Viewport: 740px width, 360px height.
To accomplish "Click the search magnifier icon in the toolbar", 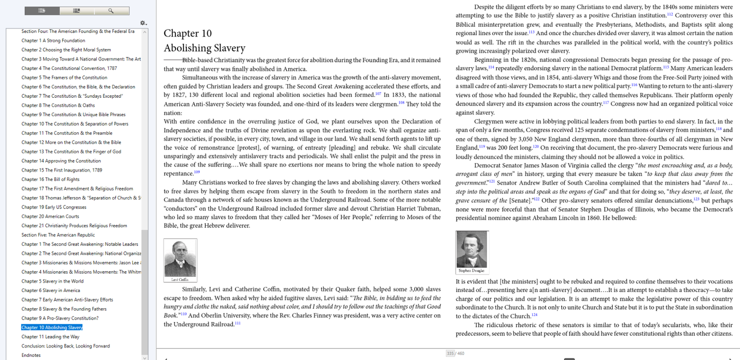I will (111, 11).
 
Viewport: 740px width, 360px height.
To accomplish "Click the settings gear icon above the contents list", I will (143, 23).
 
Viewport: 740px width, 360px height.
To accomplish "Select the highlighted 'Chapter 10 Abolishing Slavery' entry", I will (52, 327).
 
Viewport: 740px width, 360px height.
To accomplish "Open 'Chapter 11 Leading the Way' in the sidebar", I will (50, 336).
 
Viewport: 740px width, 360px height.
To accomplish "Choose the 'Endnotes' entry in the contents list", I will (31, 355).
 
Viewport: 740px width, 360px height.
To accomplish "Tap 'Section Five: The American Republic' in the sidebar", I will (58, 235).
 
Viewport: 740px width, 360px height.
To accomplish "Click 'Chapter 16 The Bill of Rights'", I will (50, 179).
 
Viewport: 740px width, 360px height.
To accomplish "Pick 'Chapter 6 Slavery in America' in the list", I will (50, 290).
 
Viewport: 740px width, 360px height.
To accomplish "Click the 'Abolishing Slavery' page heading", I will (204, 48).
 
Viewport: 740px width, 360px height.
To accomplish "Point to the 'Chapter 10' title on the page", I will (187, 33).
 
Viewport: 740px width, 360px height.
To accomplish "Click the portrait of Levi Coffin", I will (180, 258).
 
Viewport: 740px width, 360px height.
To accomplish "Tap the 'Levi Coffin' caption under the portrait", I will (180, 279).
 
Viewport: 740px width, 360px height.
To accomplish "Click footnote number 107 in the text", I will (378, 93).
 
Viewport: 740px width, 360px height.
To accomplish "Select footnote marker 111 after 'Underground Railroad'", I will (238, 323).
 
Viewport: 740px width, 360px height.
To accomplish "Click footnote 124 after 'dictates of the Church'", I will (534, 315).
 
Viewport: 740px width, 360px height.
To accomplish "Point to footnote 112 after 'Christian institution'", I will (670, 14).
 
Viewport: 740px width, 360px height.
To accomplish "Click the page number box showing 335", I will (450, 354).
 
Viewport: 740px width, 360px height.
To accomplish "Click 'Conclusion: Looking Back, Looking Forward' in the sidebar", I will (66, 346).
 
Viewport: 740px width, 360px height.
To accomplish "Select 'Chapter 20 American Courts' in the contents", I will (50, 216).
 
